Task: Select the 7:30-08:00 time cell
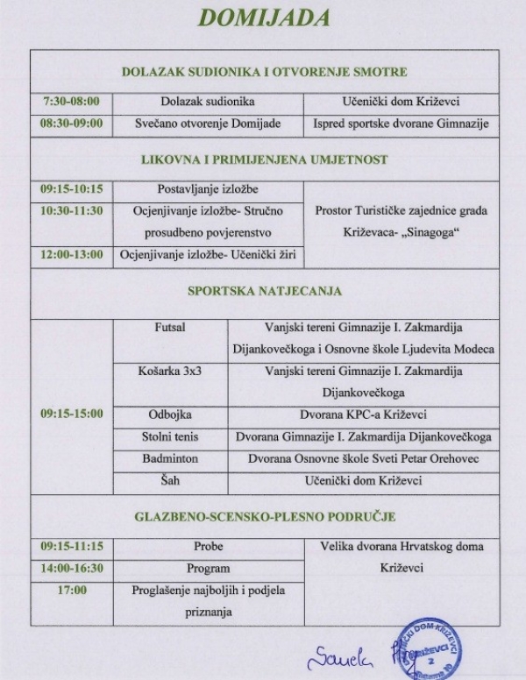[71, 101]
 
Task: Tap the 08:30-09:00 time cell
[71, 124]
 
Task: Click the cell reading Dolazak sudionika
[208, 101]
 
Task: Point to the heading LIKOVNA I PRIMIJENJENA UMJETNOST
[264, 159]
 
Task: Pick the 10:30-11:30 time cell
[71, 210]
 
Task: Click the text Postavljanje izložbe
[208, 188]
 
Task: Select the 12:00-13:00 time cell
[71, 254]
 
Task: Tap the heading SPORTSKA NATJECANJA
[264, 291]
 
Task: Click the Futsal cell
[170, 327]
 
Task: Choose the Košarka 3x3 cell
[170, 371]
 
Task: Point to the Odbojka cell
[170, 414]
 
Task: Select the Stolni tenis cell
[170, 436]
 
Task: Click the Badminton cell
[170, 458]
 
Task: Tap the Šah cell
[170, 480]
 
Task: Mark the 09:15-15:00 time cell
[71, 414]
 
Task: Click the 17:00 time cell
[71, 590]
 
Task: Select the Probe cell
[208, 546]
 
